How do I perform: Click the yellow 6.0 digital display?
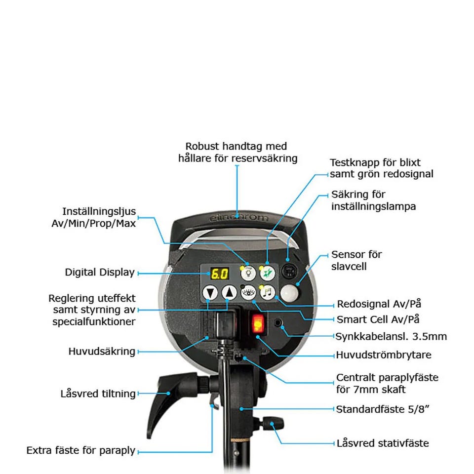[219, 274]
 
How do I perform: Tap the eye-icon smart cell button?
[248, 292]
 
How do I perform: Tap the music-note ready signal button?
[268, 292]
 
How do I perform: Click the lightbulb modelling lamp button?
[248, 273]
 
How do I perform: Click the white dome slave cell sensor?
[289, 293]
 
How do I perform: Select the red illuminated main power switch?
[258, 323]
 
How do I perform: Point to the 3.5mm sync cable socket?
[277, 323]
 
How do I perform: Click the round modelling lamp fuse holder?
[289, 271]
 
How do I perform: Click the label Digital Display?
[100, 273]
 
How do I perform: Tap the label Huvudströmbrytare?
[384, 355]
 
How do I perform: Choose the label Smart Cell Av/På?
[378, 319]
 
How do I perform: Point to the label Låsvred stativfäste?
[383, 443]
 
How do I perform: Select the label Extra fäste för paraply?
[80, 450]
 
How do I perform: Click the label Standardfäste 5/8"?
[382, 409]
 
